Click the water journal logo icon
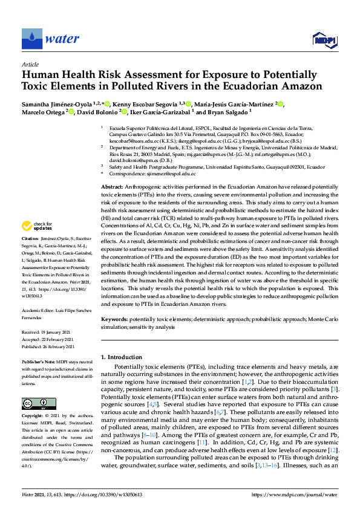point(31,39)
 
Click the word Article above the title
point(30,64)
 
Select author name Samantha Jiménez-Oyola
point(61,104)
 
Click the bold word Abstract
point(111,188)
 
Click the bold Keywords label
point(114,318)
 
